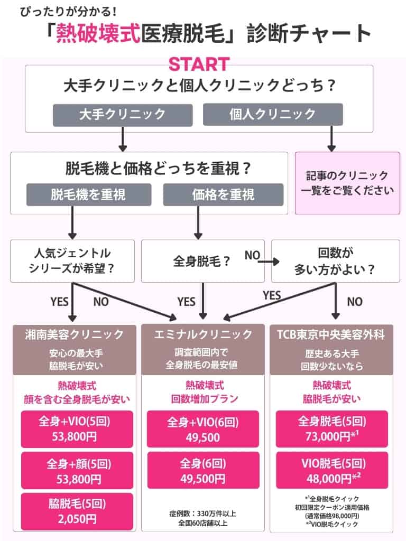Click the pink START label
coord(199,64)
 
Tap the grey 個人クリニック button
coord(273,114)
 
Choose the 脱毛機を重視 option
coord(88,194)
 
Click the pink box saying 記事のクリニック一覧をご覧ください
coord(347,183)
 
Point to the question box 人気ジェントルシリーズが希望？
coord(71,261)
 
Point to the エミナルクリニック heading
coord(204,334)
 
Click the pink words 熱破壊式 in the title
coord(105,33)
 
